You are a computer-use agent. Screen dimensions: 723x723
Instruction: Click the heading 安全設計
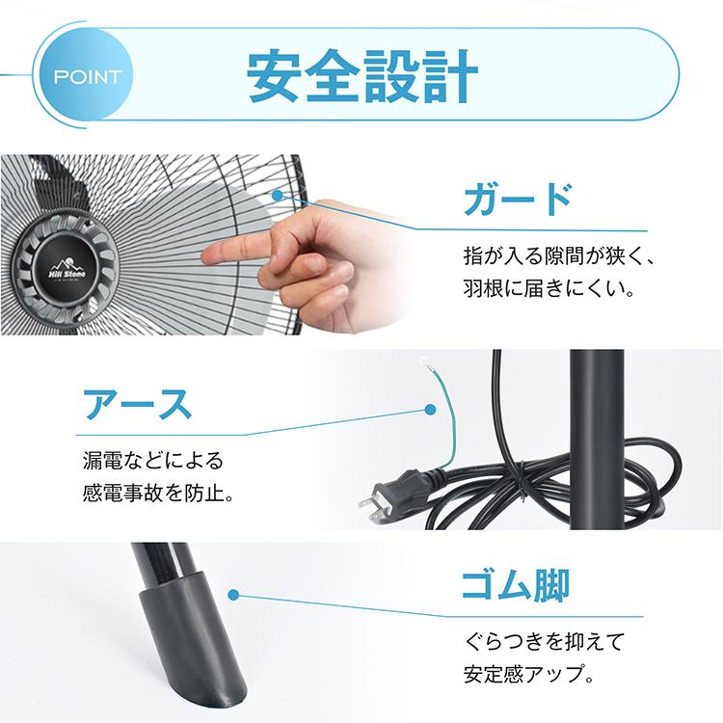(x=361, y=75)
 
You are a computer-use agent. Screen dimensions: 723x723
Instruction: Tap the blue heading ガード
(x=518, y=201)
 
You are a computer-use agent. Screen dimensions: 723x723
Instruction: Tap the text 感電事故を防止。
(x=159, y=495)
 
